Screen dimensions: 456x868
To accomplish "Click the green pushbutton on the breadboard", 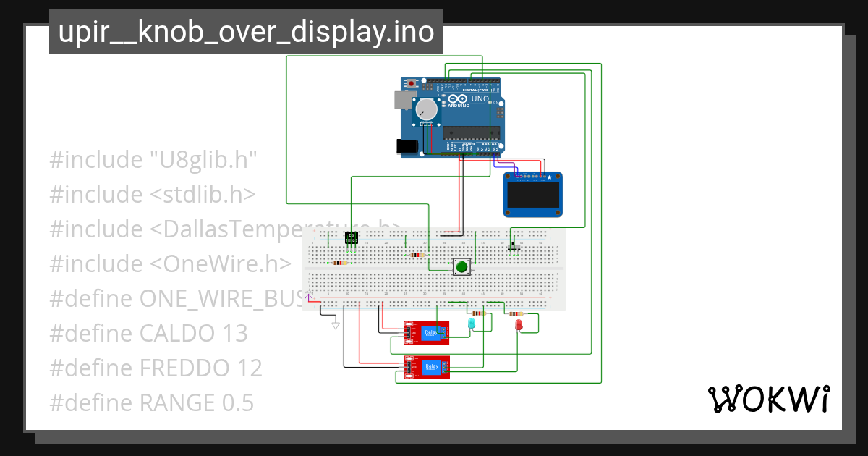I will pyautogui.click(x=461, y=267).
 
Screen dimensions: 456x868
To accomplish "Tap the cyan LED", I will pyautogui.click(x=472, y=323).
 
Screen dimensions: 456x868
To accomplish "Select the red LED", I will pyautogui.click(x=518, y=325).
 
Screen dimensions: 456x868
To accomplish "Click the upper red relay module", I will pyautogui.click(x=427, y=332).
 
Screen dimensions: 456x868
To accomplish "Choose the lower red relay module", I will pyautogui.click(x=427, y=368).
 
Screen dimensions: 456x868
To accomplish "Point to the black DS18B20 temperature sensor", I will pyautogui.click(x=352, y=237).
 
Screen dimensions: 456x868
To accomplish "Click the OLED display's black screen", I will pyautogui.click(x=532, y=194).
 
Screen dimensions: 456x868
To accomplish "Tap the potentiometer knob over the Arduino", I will pyautogui.click(x=426, y=109).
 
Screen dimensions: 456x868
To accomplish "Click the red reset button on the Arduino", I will pyautogui.click(x=412, y=84).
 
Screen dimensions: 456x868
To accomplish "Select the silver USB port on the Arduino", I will pyautogui.click(x=401, y=100).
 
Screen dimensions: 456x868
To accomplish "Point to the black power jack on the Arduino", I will pyautogui.click(x=407, y=146).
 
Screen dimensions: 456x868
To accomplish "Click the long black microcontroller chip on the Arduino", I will pyautogui.click(x=472, y=132).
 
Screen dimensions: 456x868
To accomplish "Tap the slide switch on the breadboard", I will pyautogui.click(x=514, y=248).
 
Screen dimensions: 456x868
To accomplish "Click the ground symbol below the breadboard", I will pyautogui.click(x=335, y=326).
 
